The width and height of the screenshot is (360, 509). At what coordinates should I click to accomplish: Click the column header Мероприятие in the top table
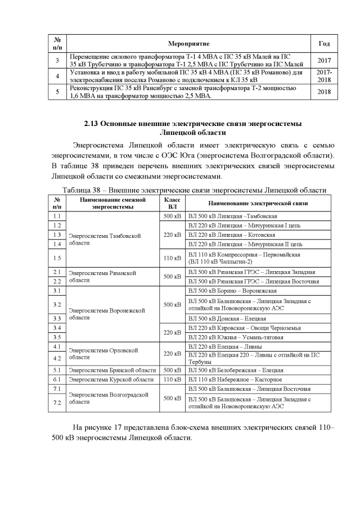click(189, 43)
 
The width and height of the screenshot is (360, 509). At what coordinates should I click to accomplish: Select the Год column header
click(324, 43)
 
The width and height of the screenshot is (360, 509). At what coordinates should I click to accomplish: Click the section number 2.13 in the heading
click(92, 123)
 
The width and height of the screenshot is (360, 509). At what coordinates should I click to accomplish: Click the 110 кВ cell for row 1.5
click(172, 258)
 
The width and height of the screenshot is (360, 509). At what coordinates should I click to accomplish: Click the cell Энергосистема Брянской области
click(112, 370)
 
